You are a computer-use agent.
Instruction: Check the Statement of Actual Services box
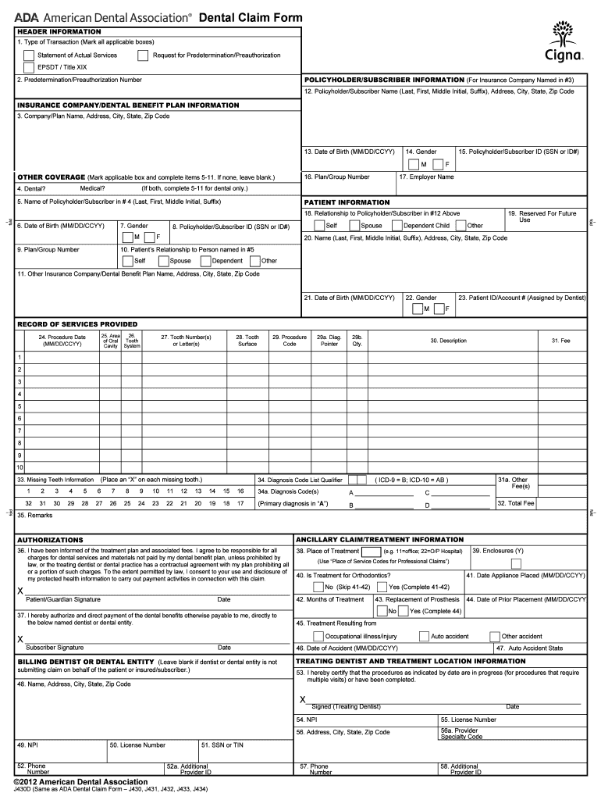(29, 55)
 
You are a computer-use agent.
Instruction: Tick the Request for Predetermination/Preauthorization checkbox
(143, 55)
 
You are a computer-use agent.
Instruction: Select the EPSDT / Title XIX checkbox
(29, 67)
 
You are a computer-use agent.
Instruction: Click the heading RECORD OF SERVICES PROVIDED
(77, 323)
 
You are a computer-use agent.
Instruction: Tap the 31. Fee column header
(560, 341)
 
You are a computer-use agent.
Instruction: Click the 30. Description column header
(448, 341)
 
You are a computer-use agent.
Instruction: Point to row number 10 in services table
(20, 467)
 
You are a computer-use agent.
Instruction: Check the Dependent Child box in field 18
(397, 226)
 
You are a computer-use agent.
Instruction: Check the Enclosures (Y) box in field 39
(516, 563)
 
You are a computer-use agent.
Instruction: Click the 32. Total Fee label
(516, 504)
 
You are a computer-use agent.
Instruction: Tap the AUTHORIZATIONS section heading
(50, 540)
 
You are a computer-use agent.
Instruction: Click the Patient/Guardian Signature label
(62, 600)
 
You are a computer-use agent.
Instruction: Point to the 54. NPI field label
(306, 720)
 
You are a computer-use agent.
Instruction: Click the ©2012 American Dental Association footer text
(76, 781)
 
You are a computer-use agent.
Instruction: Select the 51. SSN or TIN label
(222, 745)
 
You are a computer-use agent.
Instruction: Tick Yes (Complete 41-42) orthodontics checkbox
(381, 587)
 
